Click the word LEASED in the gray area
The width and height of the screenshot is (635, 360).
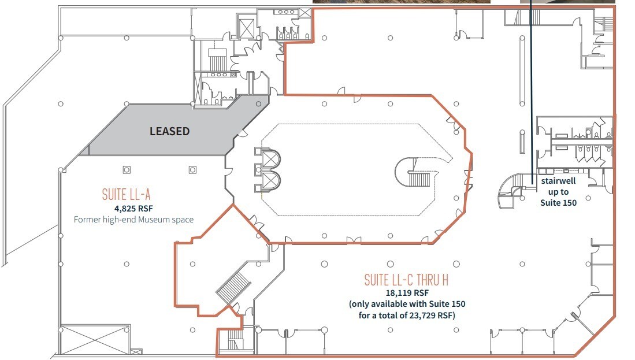pos(169,131)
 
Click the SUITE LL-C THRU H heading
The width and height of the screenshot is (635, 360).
pos(407,280)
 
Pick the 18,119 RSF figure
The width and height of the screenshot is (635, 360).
pos(407,293)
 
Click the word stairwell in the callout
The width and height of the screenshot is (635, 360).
pos(558,181)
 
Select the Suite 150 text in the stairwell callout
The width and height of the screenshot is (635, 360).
pos(558,203)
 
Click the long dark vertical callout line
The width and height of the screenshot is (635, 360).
pos(532,87)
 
